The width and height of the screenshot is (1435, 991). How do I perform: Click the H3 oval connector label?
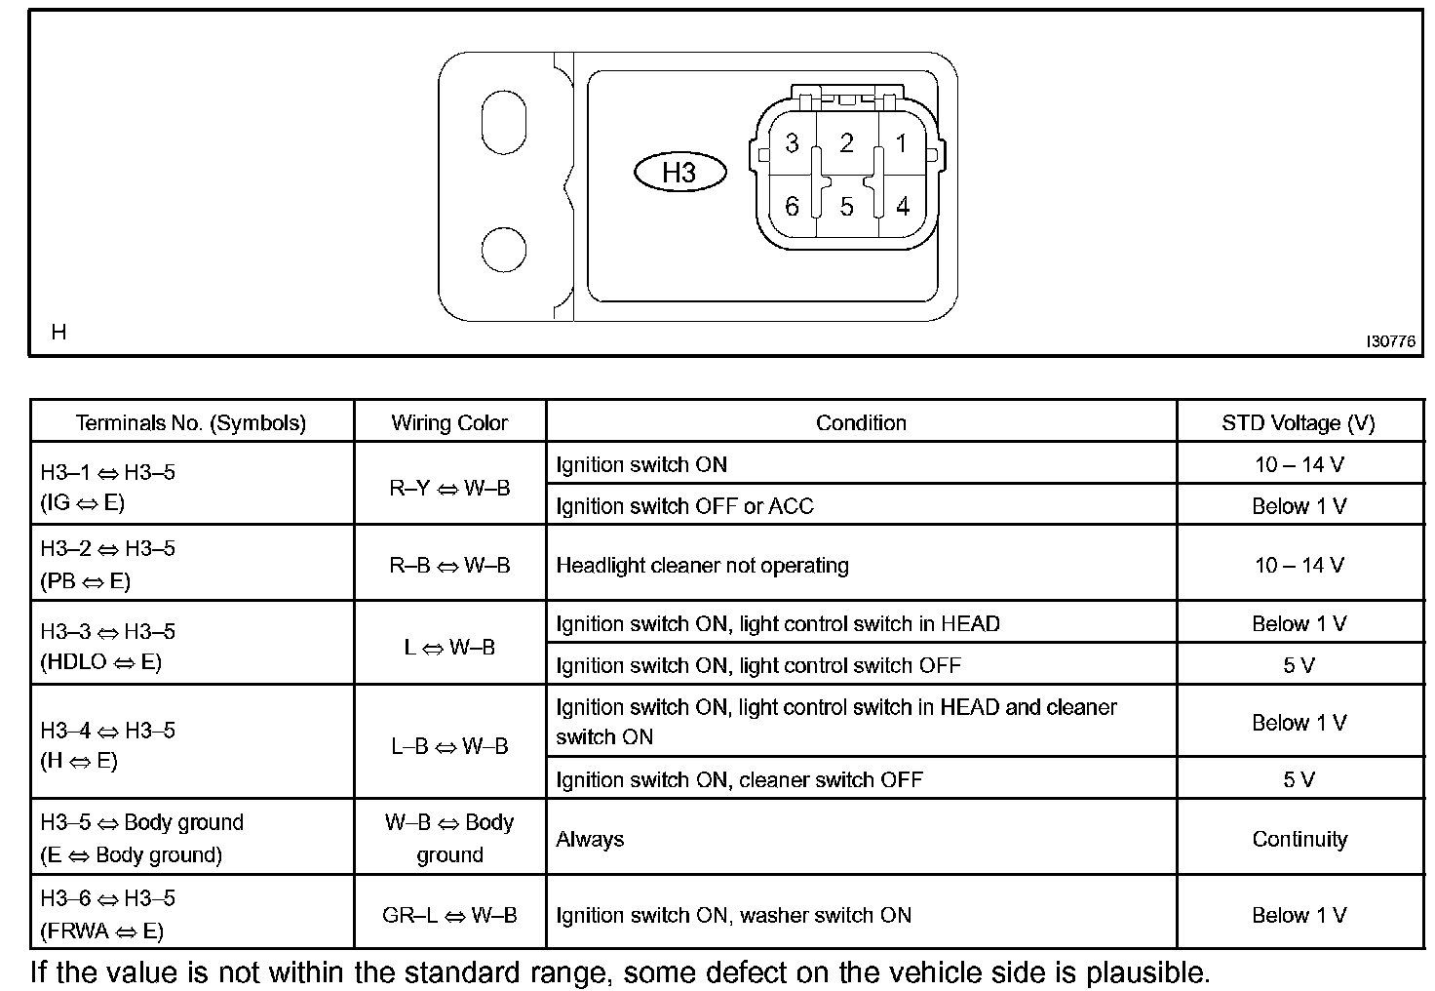(x=679, y=173)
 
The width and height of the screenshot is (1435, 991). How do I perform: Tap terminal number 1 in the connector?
(x=901, y=143)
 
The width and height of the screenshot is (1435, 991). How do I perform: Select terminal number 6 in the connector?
(x=792, y=207)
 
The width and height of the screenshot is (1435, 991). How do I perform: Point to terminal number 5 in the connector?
(x=846, y=207)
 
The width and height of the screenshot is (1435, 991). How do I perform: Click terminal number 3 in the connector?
(x=792, y=143)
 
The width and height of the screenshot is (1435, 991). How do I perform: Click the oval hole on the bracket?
(x=503, y=122)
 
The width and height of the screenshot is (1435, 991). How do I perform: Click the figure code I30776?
(x=1390, y=341)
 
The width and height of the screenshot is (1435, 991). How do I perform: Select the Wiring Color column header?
(x=449, y=423)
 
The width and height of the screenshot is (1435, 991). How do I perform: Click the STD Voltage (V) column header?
(x=1299, y=423)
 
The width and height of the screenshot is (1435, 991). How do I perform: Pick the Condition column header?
(x=861, y=423)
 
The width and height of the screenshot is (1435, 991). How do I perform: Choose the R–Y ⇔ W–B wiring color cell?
(x=449, y=488)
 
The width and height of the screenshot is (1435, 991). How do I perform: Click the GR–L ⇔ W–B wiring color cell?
(x=449, y=916)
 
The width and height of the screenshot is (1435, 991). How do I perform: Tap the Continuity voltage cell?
(x=1299, y=839)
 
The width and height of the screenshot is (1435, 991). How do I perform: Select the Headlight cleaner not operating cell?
(x=702, y=566)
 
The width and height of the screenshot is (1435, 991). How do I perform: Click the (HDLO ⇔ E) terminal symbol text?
(x=101, y=662)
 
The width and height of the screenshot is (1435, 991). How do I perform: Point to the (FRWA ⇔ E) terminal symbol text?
(x=102, y=931)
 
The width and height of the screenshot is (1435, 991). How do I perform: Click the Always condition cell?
(x=590, y=839)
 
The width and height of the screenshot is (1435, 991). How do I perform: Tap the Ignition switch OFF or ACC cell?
(x=684, y=506)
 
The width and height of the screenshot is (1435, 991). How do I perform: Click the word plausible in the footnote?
(x=1148, y=972)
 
